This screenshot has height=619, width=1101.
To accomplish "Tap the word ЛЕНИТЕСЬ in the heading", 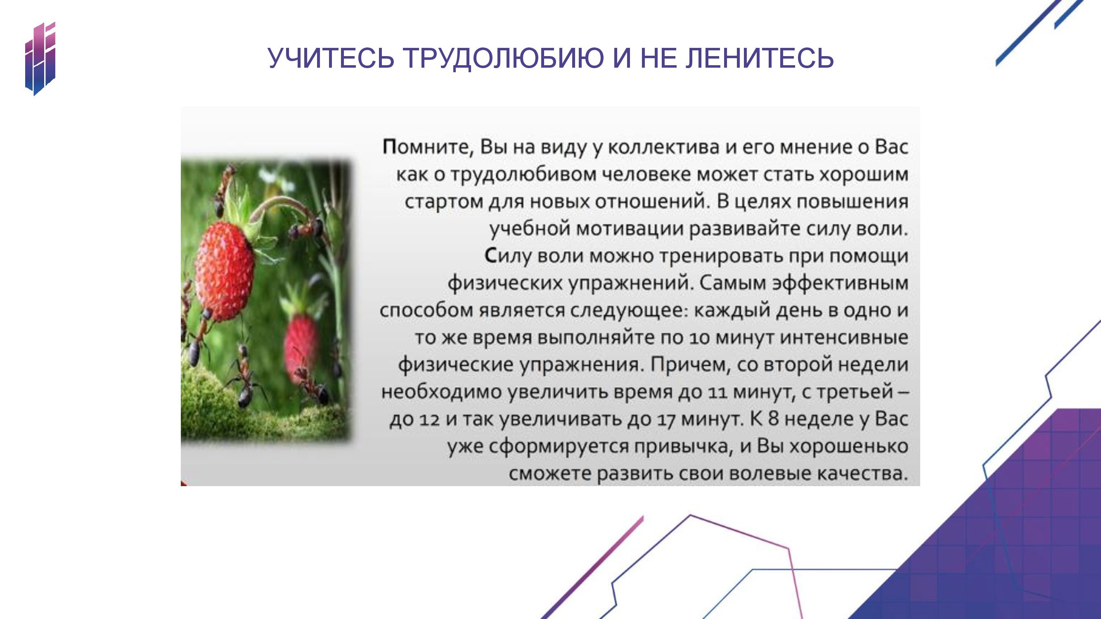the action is [x=760, y=58].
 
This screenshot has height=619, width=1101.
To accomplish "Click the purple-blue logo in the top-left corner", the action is [x=40, y=59].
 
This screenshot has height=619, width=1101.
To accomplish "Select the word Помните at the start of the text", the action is [x=428, y=147].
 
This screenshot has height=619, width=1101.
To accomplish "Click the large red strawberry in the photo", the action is [x=225, y=271].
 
